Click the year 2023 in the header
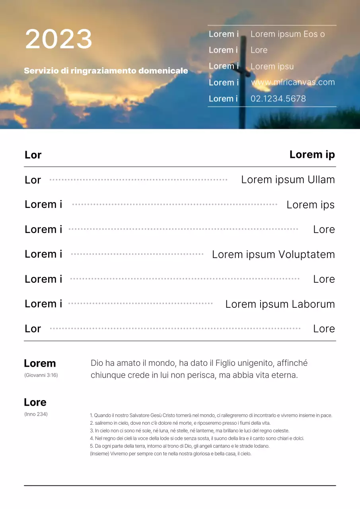(x=58, y=39)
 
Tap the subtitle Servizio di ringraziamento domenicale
(x=106, y=71)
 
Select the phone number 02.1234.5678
(x=278, y=99)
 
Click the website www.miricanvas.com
(x=293, y=82)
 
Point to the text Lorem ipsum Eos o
(x=288, y=34)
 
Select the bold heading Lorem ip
(x=312, y=155)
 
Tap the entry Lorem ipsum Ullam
(x=288, y=180)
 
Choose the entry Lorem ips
(x=310, y=205)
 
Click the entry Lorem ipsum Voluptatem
(x=273, y=254)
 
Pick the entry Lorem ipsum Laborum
(x=280, y=304)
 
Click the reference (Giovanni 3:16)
(x=41, y=375)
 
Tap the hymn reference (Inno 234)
(x=36, y=414)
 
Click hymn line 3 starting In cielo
(x=189, y=431)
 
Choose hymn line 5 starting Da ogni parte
(x=179, y=446)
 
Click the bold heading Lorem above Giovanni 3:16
(x=40, y=363)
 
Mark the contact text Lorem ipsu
(x=272, y=66)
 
